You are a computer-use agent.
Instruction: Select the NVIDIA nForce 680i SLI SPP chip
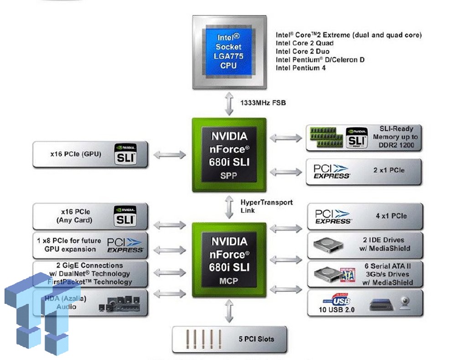pos(229,155)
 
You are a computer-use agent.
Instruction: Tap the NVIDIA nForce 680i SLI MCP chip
pos(229,260)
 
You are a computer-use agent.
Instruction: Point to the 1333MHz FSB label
pos(263,103)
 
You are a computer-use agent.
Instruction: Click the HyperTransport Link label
pos(267,206)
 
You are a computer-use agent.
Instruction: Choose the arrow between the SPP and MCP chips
pos(229,207)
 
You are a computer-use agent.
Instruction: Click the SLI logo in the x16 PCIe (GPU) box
pos(125,154)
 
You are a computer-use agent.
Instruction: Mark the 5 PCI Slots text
pos(256,339)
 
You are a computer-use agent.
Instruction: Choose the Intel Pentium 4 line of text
pos(301,68)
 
